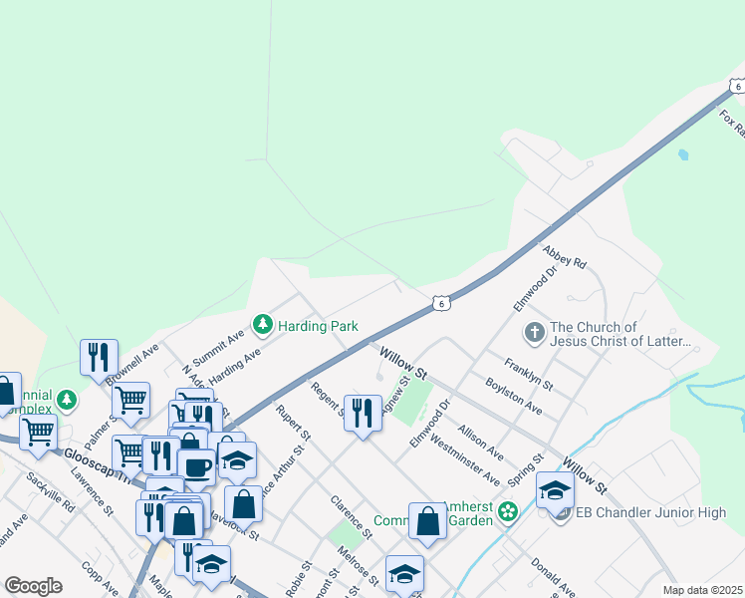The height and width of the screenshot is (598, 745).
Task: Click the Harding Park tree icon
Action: [263, 325]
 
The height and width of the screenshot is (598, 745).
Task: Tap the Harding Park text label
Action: [318, 326]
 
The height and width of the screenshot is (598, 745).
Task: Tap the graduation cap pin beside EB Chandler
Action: [555, 490]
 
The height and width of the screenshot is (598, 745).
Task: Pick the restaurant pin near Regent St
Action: [363, 413]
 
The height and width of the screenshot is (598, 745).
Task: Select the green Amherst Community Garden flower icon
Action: [508, 512]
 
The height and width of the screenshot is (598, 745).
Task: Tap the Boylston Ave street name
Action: [513, 396]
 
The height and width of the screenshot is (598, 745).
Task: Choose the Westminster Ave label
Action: [470, 457]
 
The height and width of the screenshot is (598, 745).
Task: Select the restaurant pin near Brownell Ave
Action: [100, 358]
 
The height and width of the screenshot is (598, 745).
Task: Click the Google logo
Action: [33, 585]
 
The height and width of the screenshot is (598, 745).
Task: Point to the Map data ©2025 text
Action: [702, 590]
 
